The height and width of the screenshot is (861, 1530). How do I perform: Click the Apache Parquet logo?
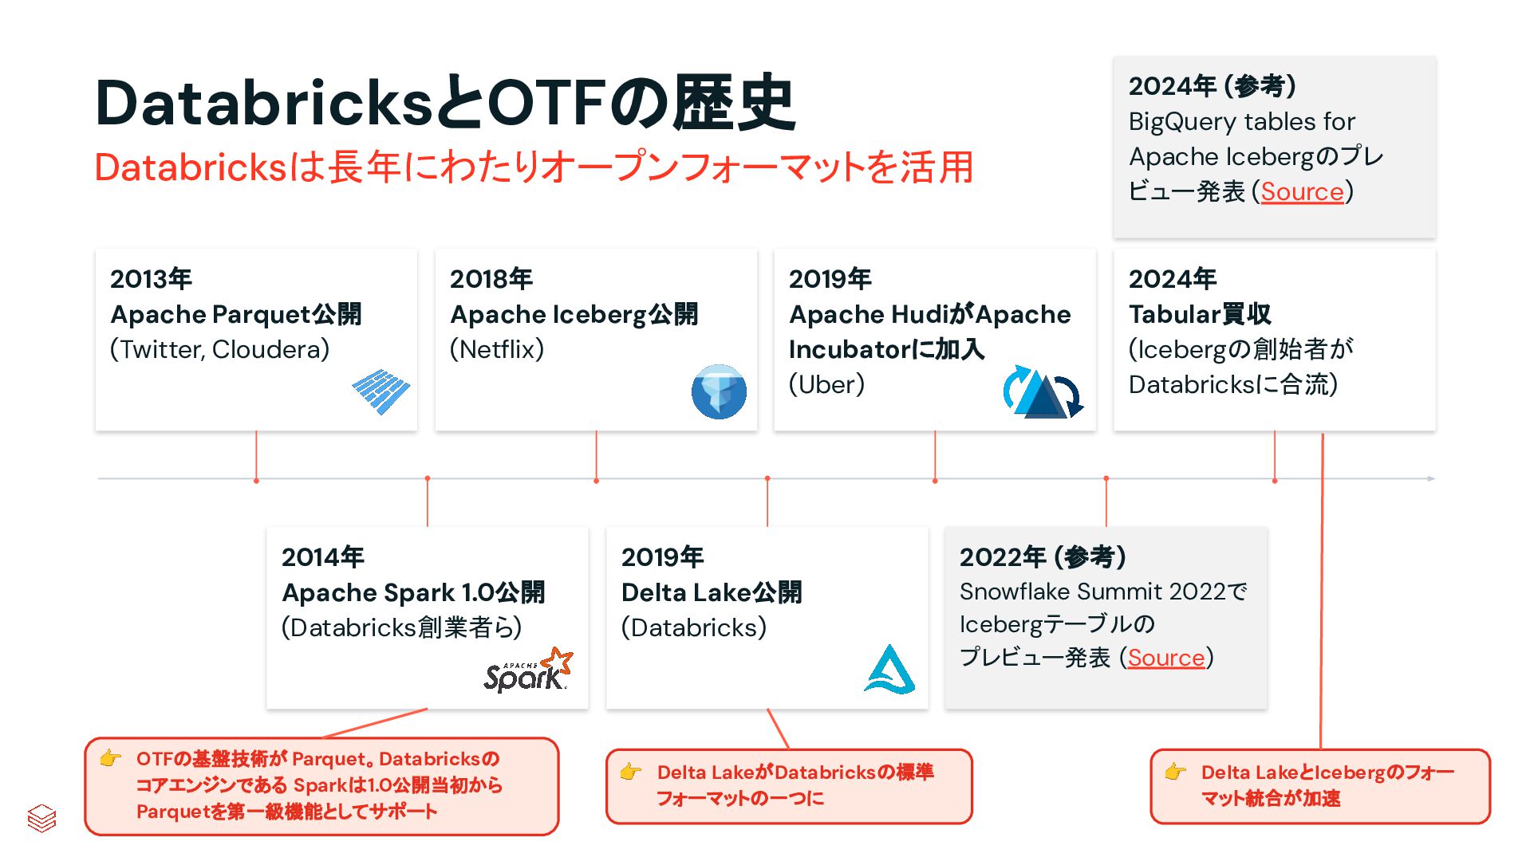(381, 391)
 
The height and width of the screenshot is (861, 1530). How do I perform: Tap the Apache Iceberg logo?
(719, 391)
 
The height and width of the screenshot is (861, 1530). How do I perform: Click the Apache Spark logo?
(528, 670)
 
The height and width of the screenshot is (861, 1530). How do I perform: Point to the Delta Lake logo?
(889, 669)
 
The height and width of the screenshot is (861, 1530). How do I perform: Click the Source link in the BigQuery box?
(1302, 191)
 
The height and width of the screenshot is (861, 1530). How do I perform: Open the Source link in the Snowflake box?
(1165, 658)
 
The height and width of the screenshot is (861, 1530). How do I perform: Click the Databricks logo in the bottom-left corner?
(41, 818)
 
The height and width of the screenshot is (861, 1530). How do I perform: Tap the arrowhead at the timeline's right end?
(1431, 478)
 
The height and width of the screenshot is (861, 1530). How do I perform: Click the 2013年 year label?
(151, 279)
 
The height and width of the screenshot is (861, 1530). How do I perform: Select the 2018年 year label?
(491, 279)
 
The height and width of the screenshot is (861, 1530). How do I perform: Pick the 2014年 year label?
(322, 557)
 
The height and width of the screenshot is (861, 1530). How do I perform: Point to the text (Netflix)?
(497, 349)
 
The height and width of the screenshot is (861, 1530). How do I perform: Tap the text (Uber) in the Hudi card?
(826, 384)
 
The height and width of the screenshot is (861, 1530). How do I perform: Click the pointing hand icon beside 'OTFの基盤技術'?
(111, 758)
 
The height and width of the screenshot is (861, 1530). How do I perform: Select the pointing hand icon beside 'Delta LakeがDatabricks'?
(631, 772)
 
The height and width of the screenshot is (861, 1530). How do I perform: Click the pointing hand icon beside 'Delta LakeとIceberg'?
(1175, 772)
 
